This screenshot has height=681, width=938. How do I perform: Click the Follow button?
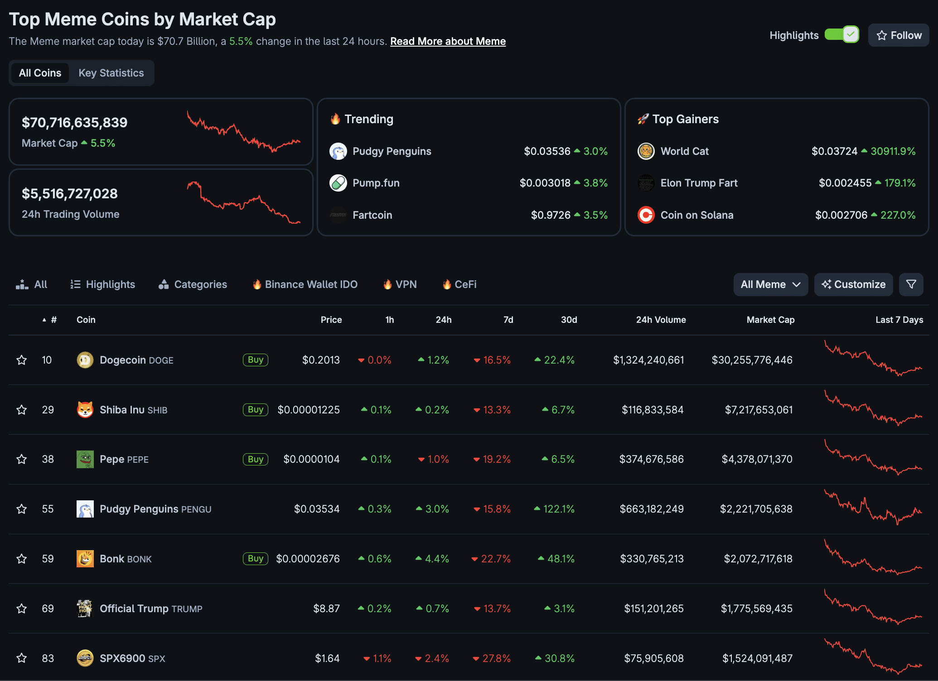click(x=899, y=35)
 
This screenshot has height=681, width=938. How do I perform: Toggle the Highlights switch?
click(x=841, y=35)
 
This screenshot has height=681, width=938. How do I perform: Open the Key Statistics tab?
click(x=111, y=73)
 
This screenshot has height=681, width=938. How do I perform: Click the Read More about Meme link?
click(x=448, y=41)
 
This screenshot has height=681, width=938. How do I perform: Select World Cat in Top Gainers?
click(x=684, y=151)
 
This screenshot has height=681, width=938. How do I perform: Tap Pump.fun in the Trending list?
click(x=376, y=183)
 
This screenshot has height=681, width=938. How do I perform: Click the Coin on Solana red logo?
click(x=646, y=215)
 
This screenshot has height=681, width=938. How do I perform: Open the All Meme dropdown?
click(x=770, y=284)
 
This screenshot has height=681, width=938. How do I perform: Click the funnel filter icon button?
click(x=911, y=284)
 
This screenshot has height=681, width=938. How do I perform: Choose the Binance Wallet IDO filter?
click(x=305, y=284)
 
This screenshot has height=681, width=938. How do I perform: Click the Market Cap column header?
click(x=770, y=320)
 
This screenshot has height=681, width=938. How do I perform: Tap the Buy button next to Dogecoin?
click(x=256, y=360)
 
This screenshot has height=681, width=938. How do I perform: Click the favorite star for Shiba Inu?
click(x=21, y=410)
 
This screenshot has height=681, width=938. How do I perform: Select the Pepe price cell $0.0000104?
click(x=311, y=459)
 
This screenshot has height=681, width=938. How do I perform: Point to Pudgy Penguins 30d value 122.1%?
click(x=558, y=509)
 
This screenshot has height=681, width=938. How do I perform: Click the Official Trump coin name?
click(x=134, y=609)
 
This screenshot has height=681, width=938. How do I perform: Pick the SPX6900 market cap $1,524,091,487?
click(x=757, y=658)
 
